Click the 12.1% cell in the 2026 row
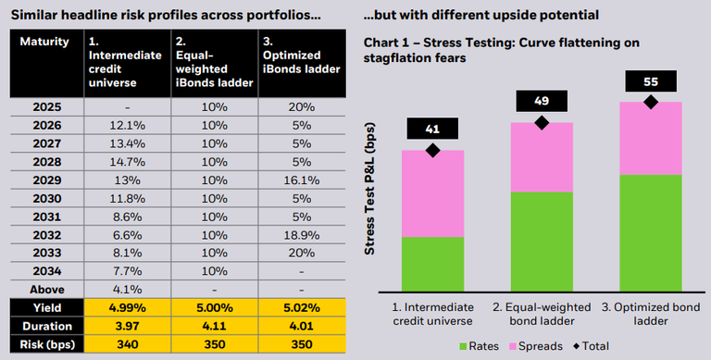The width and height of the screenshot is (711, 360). (x=128, y=125)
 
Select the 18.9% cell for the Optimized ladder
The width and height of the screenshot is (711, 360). (x=303, y=236)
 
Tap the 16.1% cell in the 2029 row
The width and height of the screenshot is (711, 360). (x=303, y=180)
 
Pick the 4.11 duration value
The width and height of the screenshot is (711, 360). (x=215, y=326)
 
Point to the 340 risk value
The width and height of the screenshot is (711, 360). (x=128, y=343)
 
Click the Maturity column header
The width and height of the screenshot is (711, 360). (x=44, y=42)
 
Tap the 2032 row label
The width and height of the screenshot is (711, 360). (x=47, y=236)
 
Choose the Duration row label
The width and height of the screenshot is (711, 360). (x=47, y=326)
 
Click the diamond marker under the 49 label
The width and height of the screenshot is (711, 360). (x=542, y=122)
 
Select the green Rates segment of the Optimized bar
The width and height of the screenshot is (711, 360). (x=650, y=232)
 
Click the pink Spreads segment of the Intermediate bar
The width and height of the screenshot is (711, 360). (x=431, y=193)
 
